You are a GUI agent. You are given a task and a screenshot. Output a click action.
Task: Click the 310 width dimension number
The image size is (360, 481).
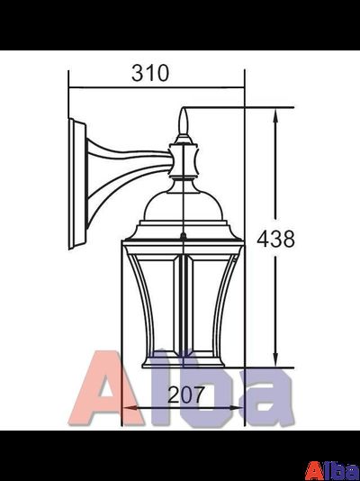[x=149, y=74]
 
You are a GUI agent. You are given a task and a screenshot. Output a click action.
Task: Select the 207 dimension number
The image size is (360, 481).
[x=187, y=394]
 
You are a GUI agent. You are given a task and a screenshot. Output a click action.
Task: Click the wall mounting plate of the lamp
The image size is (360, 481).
[x=76, y=181]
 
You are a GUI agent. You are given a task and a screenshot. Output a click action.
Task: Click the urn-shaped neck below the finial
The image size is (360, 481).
[x=184, y=162]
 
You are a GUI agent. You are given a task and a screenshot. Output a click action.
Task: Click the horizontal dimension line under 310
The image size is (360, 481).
[x=157, y=88]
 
